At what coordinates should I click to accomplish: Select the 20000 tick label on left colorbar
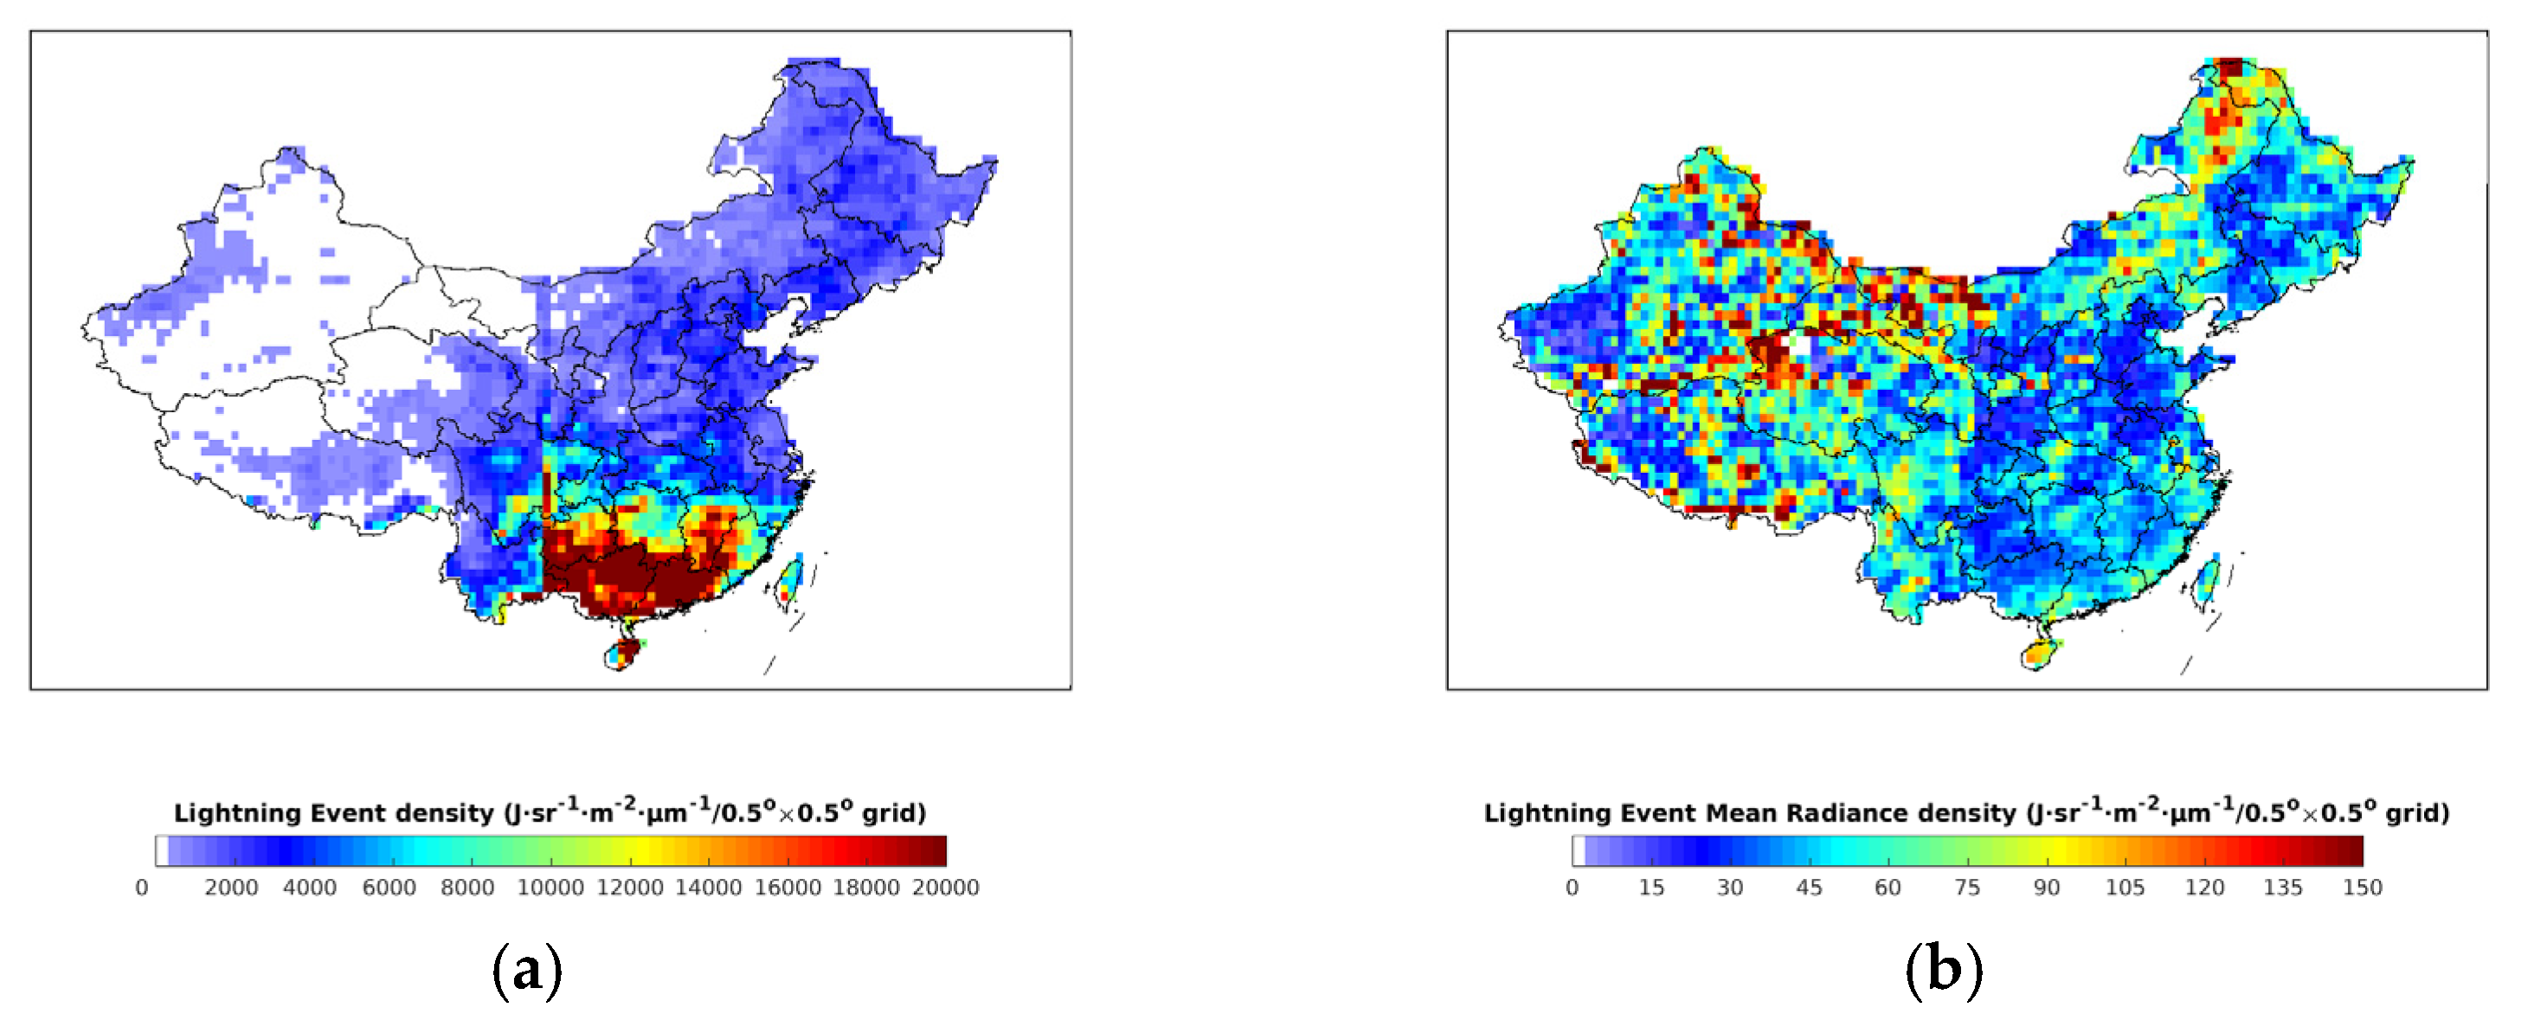[945, 888]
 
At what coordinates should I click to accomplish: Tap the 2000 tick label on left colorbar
[231, 888]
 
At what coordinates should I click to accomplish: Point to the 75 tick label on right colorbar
[1967, 888]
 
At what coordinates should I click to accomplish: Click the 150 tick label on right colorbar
[2363, 888]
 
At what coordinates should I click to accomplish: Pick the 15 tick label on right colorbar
[1651, 888]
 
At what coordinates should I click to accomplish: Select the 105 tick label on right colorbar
[2125, 888]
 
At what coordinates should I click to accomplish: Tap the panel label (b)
[1944, 970]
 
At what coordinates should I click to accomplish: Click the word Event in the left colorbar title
[345, 813]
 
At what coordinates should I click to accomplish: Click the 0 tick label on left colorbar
[142, 888]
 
